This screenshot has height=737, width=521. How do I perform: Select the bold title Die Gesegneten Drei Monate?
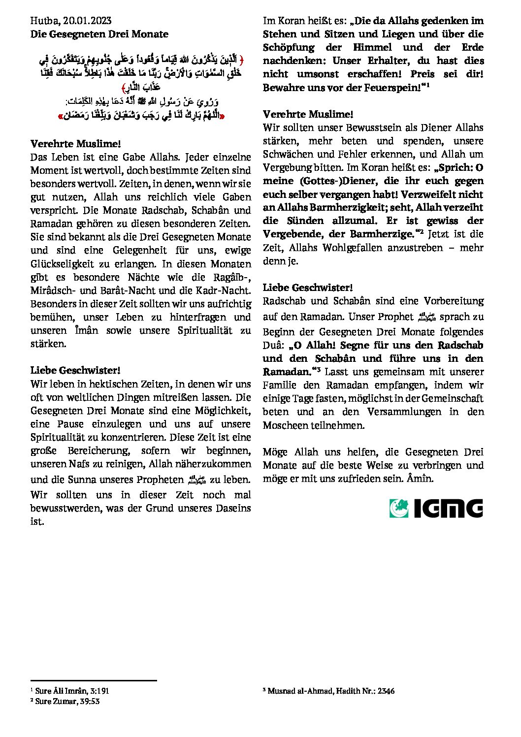99,34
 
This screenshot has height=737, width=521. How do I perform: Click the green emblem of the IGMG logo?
399,508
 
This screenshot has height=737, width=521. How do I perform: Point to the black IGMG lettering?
448,509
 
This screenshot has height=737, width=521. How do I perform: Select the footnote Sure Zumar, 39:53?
67,701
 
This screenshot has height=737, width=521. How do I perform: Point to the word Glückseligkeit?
62,264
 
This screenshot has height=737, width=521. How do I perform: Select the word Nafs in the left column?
79,464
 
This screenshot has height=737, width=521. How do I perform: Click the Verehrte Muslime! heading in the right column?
308,114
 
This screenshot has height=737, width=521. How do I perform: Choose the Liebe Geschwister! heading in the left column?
75,370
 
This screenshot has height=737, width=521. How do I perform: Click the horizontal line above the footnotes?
94,681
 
